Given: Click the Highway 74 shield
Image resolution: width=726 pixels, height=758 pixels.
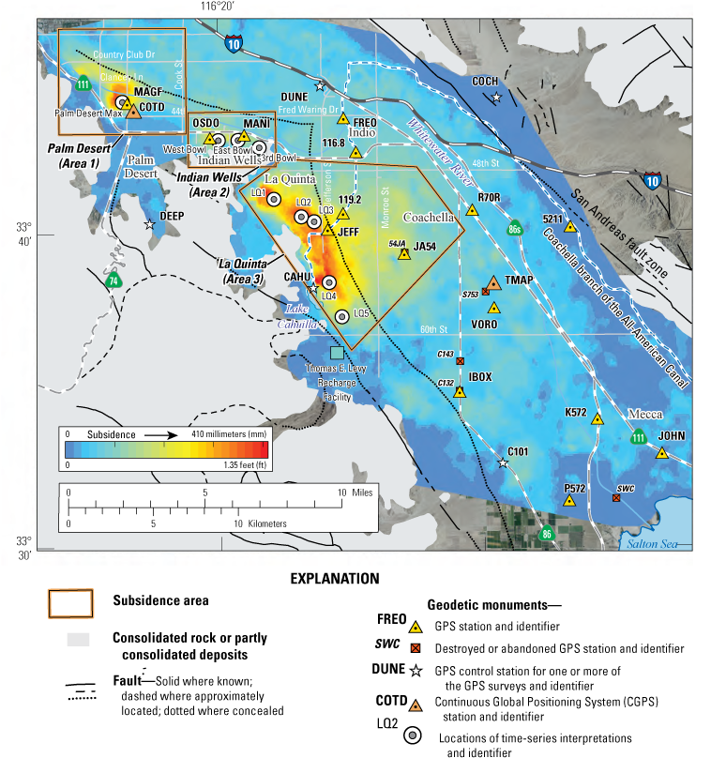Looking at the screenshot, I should [113, 280].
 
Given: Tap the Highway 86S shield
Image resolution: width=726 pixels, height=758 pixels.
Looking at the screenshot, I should [514, 228].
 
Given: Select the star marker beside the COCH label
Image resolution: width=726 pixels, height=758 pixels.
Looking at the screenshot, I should [497, 98].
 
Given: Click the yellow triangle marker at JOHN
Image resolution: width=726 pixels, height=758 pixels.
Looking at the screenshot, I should [661, 453].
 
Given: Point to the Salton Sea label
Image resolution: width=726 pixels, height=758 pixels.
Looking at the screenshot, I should [650, 546].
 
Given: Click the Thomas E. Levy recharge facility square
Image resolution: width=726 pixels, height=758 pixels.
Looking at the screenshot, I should [337, 353].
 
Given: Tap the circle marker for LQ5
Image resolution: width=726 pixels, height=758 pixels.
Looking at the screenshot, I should [342, 317].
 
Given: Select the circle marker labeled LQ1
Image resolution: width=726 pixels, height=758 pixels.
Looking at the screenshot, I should [274, 199].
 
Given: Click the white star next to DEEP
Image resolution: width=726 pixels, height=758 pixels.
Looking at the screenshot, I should [149, 224].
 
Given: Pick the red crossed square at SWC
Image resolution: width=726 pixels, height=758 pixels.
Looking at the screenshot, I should [615, 497].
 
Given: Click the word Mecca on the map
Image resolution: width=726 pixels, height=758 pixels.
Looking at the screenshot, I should [645, 414].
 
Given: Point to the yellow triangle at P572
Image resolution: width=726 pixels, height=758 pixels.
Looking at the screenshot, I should [568, 502].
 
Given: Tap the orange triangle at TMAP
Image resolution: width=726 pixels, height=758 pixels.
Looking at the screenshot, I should [493, 282].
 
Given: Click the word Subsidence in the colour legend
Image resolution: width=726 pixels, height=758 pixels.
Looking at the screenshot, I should [112, 435].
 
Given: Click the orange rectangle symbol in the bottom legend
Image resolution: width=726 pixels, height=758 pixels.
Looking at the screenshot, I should [71, 603].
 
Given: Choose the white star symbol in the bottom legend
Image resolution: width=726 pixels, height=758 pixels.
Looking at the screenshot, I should [416, 672].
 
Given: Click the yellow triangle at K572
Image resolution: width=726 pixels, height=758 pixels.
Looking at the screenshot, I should [597, 418].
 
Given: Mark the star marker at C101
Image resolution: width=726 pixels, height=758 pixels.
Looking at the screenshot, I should [503, 463].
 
